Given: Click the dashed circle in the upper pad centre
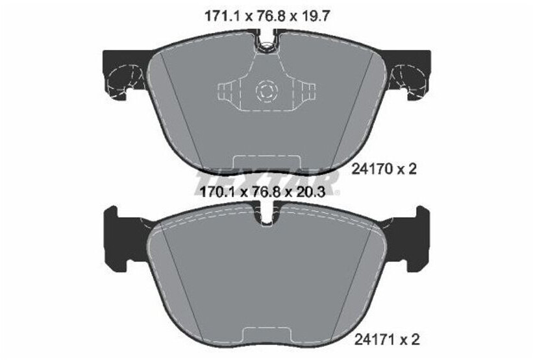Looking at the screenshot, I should (266, 90).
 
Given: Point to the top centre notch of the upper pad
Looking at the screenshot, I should (266, 44).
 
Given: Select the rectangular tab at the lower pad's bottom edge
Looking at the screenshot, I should (266, 335).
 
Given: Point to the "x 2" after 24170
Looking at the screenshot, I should (406, 170).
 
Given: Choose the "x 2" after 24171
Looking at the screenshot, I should (406, 339).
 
